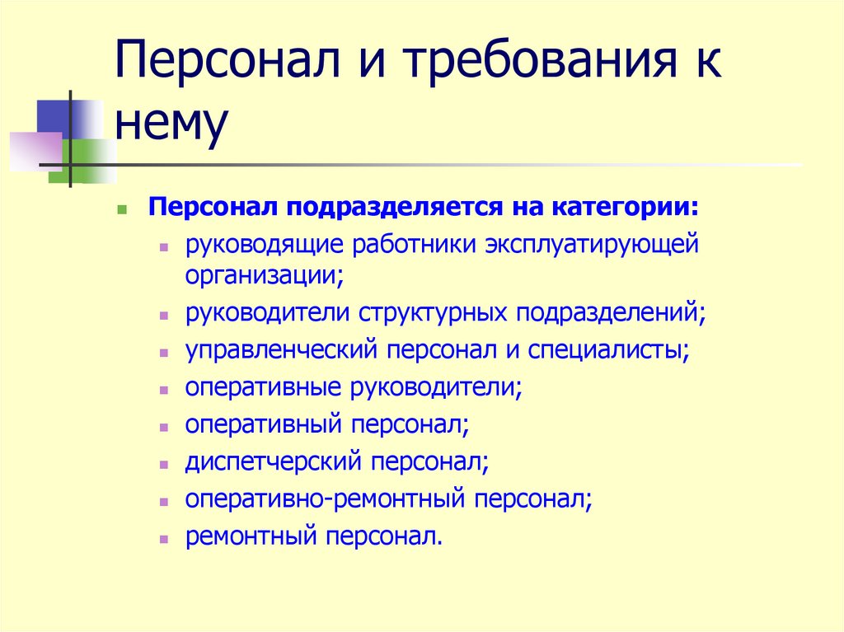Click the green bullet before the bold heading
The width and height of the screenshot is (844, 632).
pyautogui.click(x=122, y=210)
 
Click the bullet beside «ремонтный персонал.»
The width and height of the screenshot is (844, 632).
pyautogui.click(x=166, y=539)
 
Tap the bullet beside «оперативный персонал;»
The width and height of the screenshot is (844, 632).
pyautogui.click(x=166, y=427)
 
